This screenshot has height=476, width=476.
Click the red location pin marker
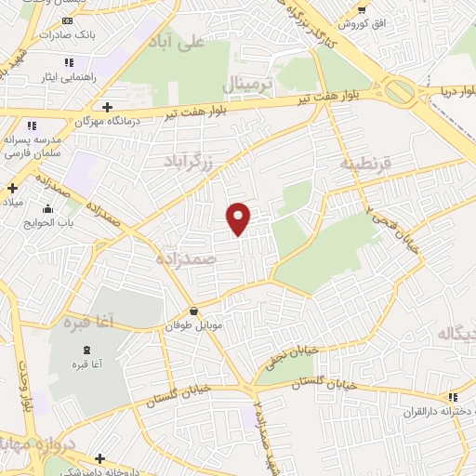coord(239,218)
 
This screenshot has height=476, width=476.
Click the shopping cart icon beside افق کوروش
coord(362,8)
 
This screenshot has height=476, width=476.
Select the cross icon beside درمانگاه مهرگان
coord(109,107)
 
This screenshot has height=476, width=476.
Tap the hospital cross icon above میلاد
coord(11,188)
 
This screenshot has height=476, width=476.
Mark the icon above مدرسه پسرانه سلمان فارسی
coord(33,126)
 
